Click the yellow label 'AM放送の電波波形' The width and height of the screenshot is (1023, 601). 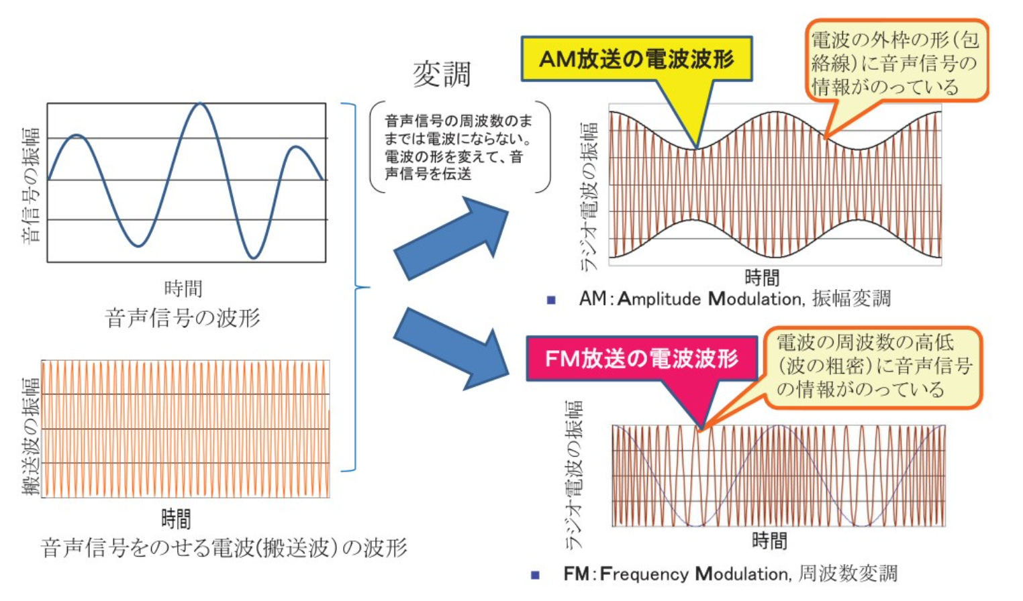point(636,59)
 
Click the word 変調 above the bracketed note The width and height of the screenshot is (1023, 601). point(442,74)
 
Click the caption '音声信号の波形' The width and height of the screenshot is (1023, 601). point(182,318)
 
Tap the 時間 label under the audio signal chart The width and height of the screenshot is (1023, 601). point(183,288)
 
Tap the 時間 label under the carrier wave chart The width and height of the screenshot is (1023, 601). point(176,518)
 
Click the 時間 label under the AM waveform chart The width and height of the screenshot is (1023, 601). point(762,277)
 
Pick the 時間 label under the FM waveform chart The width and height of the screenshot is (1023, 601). point(769,540)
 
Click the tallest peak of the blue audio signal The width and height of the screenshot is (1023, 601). point(199,104)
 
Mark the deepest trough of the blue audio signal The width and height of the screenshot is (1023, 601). point(253,258)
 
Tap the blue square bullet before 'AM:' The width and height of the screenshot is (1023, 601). point(551,300)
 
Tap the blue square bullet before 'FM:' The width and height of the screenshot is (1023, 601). point(535,575)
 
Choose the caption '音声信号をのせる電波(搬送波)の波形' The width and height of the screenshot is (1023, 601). point(224,548)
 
